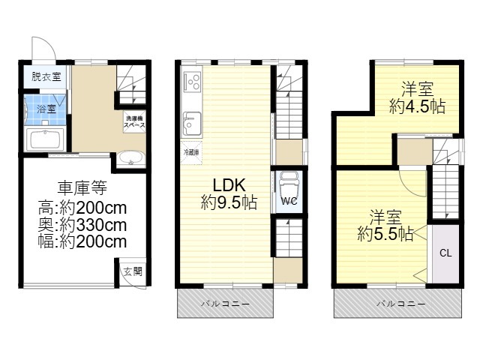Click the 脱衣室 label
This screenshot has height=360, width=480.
coord(46,76)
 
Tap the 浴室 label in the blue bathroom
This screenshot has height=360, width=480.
coord(46,109)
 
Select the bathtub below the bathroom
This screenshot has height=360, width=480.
coord(45,139)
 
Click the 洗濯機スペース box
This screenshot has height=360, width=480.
coord(134,121)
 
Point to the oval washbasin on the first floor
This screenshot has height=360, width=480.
coord(131,158)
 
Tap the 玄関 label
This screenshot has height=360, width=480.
coord(133,271)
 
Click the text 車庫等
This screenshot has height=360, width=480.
coord(82,187)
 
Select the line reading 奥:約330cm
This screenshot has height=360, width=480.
coord(82,225)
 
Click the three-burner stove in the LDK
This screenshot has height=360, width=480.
coord(193,82)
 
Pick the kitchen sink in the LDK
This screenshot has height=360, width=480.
coord(192,124)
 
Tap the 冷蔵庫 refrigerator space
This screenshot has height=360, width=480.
coord(191,152)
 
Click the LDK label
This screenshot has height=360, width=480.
coord(229,185)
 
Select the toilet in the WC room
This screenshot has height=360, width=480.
coord(289,183)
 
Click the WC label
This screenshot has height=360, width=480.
coord(289,202)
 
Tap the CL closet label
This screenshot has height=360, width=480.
coord(445,253)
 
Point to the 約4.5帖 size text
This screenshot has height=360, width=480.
coord(417,106)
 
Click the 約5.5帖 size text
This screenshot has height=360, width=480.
coord(385,234)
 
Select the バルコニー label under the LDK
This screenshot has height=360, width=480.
coord(225,304)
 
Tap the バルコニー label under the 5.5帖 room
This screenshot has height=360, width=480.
coord(400,304)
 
